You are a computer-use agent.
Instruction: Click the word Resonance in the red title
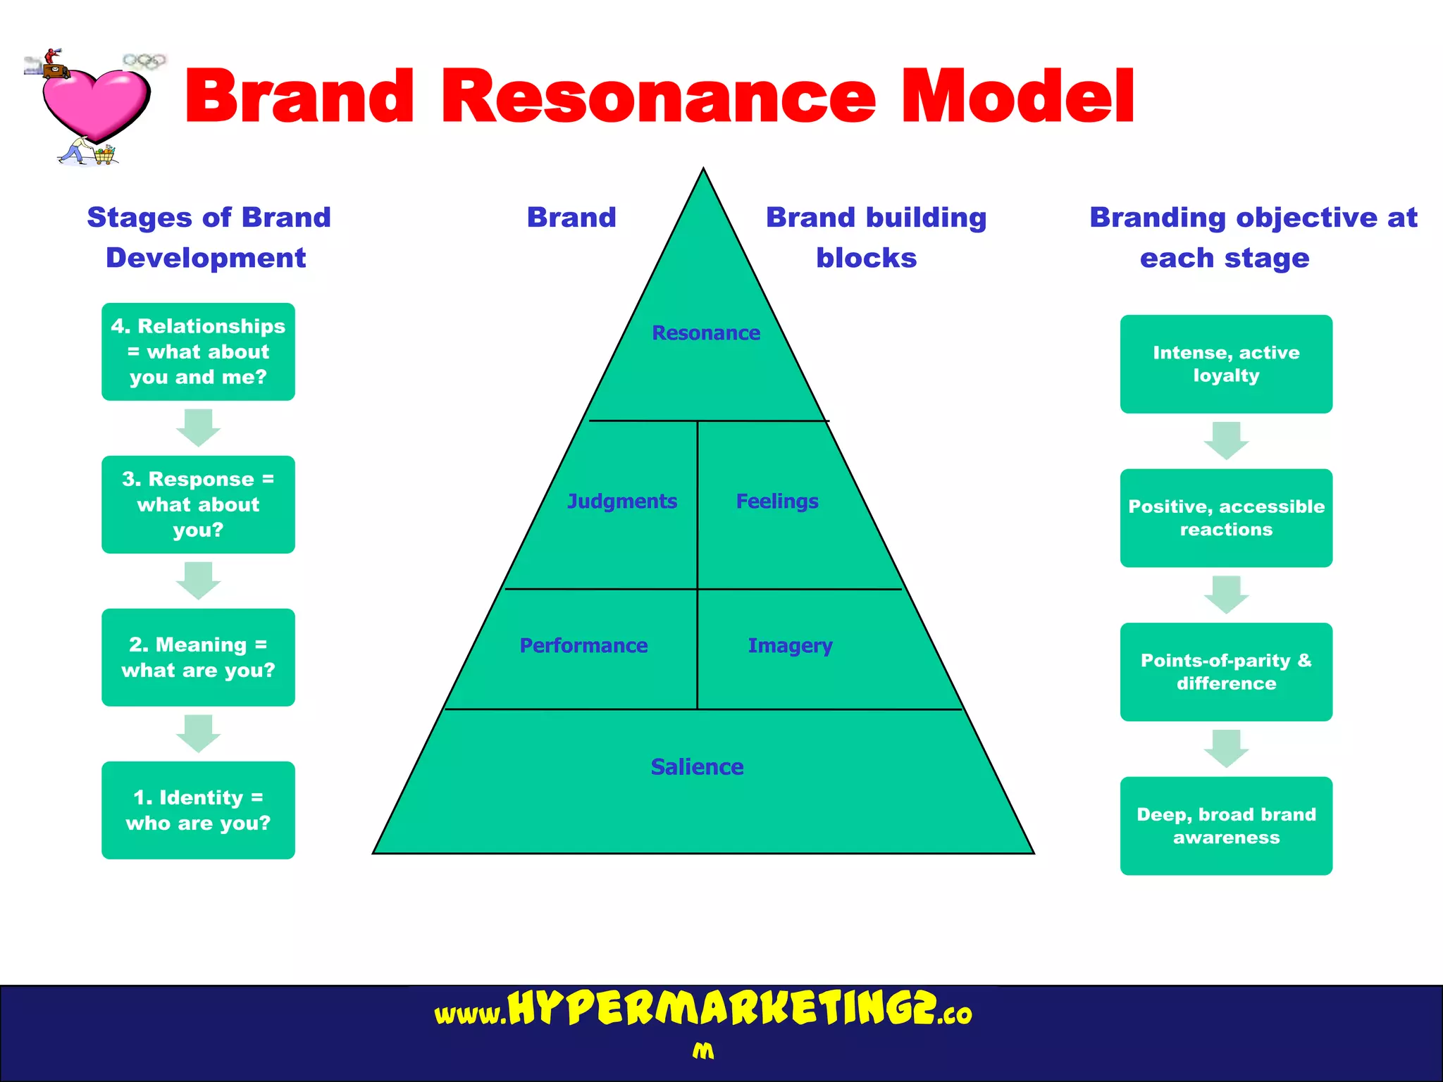click(x=658, y=97)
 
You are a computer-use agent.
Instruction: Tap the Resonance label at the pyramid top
click(x=705, y=332)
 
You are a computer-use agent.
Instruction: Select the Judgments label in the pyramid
click(x=621, y=501)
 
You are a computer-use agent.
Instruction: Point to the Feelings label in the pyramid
click(x=777, y=501)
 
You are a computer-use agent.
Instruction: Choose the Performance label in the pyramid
click(x=583, y=645)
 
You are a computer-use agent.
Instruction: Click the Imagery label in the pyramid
click(x=790, y=645)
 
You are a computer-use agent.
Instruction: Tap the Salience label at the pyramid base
click(x=697, y=766)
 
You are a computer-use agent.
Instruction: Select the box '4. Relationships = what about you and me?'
click(x=198, y=352)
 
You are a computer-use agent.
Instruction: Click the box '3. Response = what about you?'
click(x=198, y=504)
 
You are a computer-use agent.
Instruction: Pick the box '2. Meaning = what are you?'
click(x=198, y=657)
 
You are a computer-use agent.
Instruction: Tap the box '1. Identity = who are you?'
click(x=198, y=810)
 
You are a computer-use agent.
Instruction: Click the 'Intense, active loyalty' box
click(x=1226, y=363)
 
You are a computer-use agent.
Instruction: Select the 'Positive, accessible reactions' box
click(x=1226, y=518)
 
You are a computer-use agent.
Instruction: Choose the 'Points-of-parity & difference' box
click(x=1226, y=671)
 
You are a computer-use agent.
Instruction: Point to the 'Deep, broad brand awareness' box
click(x=1226, y=826)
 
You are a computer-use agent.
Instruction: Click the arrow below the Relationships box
click(x=198, y=428)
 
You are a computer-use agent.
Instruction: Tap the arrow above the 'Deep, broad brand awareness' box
click(x=1226, y=749)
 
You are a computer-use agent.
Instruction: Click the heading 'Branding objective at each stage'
click(x=1253, y=237)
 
